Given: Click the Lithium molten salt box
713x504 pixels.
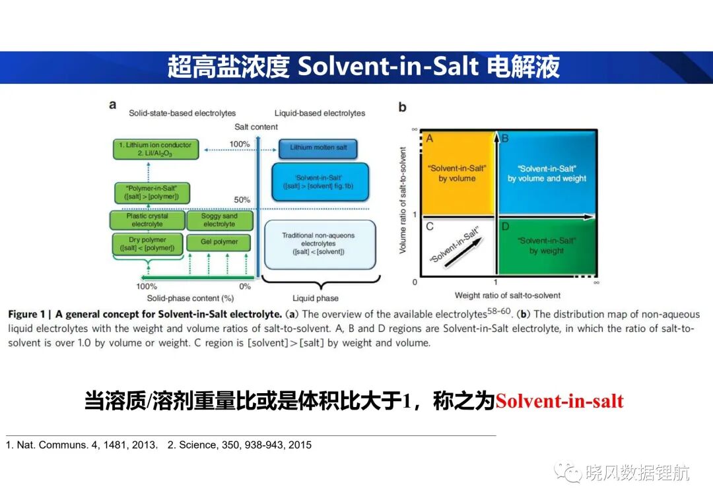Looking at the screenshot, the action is point(318,148).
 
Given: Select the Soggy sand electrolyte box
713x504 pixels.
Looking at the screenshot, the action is point(219,220).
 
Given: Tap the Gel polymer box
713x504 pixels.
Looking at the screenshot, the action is point(219,241).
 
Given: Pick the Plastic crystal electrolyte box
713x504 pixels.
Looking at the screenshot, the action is point(147,220).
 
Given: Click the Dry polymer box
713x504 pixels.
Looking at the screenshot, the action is point(147,243).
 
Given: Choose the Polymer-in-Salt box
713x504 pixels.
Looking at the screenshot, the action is point(151,192).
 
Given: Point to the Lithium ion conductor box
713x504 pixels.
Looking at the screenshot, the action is point(156,149).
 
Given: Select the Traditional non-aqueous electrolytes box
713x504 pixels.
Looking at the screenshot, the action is point(320,245).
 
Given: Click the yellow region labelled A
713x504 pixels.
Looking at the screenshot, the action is point(458,173).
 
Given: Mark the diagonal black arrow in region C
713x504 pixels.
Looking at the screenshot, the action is point(463,252).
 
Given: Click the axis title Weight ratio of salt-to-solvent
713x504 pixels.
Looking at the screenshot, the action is point(508,296).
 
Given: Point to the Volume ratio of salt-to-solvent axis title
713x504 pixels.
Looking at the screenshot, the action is point(403,201).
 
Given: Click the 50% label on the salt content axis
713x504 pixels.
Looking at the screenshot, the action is point(242,200).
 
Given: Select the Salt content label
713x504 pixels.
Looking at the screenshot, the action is point(256,127).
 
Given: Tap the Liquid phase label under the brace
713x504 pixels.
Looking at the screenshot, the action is point(315,298).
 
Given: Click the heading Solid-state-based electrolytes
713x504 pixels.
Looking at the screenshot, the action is point(182,113).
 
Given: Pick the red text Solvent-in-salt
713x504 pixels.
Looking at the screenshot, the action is point(559,401).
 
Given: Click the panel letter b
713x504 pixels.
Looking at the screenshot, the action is point(403,108).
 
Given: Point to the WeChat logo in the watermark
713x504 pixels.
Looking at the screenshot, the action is point(568,472).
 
